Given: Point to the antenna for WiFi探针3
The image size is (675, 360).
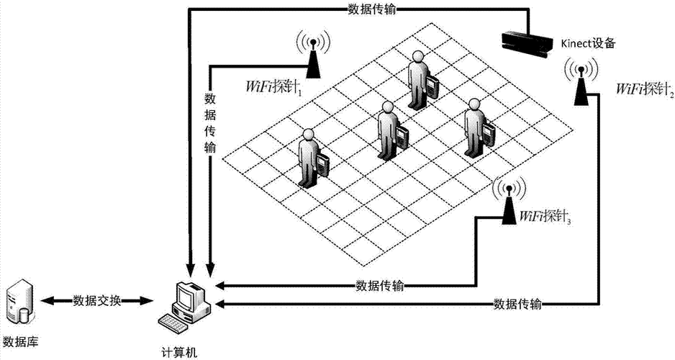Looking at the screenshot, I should (508, 201).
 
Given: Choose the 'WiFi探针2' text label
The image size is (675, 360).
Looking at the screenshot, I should (645, 90).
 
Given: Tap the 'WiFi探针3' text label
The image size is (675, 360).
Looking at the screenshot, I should (545, 216).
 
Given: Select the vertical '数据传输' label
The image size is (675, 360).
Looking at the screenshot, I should (211, 122).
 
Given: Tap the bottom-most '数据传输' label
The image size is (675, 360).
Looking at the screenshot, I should (518, 303).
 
